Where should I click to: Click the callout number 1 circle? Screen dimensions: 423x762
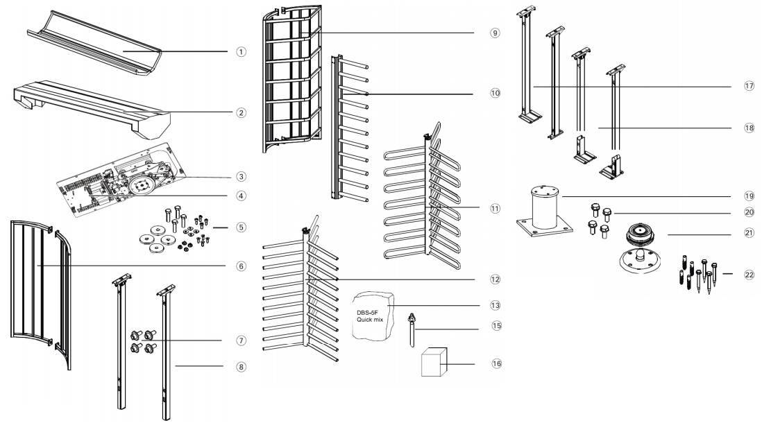241,52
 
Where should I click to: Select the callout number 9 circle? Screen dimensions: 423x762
494,33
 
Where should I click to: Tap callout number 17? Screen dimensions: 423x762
749,86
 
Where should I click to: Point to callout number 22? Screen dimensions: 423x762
749,275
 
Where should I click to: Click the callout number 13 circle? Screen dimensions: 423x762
494,305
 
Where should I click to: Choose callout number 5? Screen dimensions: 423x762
241,227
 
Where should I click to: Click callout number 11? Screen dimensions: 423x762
494,208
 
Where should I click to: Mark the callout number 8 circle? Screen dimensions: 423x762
241,367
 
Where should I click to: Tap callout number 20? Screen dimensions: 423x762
749,212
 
